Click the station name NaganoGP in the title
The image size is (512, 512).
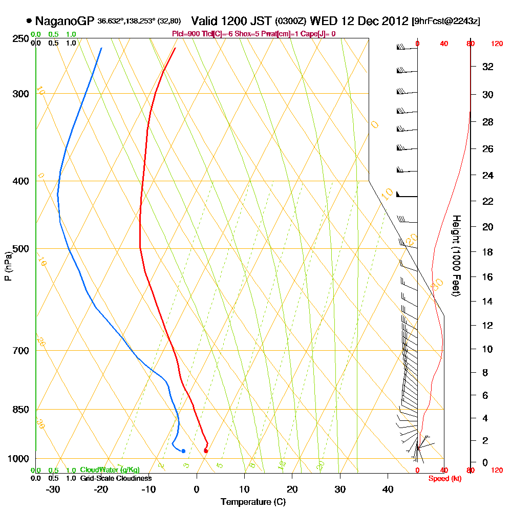pyautogui.click(x=65, y=21)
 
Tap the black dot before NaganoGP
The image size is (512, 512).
pyautogui.click(x=29, y=21)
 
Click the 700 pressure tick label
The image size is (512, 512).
pyautogui.click(x=19, y=350)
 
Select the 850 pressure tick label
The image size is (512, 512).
pyautogui.click(x=19, y=409)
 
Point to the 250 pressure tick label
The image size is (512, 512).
pyautogui.click(x=19, y=38)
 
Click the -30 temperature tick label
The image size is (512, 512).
pyautogui.click(x=53, y=489)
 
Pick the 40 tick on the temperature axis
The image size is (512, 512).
pyautogui.click(x=387, y=489)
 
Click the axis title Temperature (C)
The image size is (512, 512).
pyautogui.click(x=253, y=502)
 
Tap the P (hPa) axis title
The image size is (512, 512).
pyautogui.click(x=8, y=266)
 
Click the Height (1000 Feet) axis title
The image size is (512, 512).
pyautogui.click(x=456, y=255)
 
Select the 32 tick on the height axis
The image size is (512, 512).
pyautogui.click(x=488, y=67)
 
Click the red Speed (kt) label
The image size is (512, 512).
pyautogui.click(x=443, y=479)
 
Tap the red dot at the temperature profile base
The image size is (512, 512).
pyautogui.click(x=206, y=451)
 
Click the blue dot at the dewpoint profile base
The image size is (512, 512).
pyautogui.click(x=183, y=451)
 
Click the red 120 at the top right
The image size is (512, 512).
pyautogui.click(x=497, y=44)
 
